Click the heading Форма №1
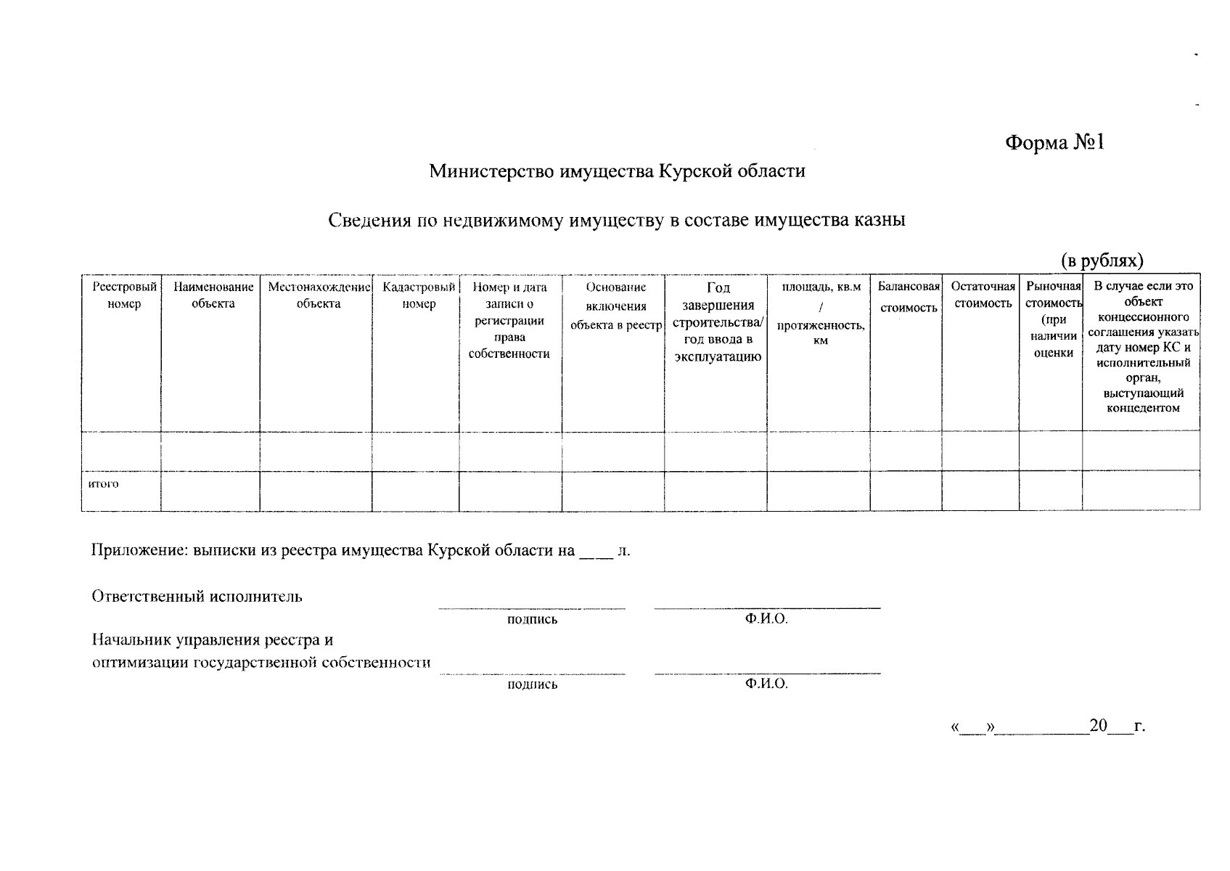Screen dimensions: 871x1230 point(1054,142)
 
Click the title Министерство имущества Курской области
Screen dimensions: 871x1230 point(617,171)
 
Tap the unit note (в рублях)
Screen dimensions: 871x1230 point(1102,260)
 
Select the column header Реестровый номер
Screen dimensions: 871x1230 point(124,295)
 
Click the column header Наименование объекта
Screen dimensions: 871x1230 point(213,295)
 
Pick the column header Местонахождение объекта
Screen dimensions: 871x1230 point(319,295)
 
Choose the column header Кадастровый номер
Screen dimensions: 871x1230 point(419,295)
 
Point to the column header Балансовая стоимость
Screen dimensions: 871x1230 point(909,297)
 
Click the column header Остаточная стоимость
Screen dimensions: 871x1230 point(983,295)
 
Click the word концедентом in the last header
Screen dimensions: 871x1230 point(1143,409)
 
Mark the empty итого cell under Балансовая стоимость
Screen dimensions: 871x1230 point(906,491)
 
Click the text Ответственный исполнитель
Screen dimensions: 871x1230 point(197,597)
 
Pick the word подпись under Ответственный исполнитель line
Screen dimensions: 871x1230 point(532,619)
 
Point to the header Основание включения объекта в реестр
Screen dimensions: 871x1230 point(615,306)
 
